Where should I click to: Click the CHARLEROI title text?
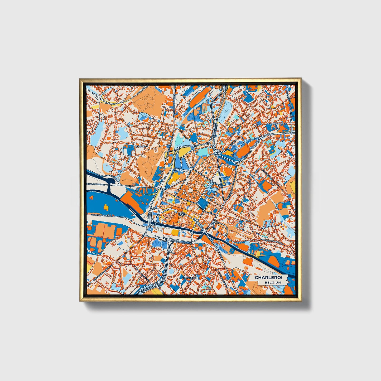[x=268, y=278]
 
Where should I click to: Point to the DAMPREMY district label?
[x=141, y=146]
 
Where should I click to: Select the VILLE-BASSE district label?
[x=182, y=214]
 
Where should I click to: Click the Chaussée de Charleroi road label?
[x=272, y=242]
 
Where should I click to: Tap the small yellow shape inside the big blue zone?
[x=106, y=207]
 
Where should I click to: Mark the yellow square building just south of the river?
[x=175, y=232]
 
